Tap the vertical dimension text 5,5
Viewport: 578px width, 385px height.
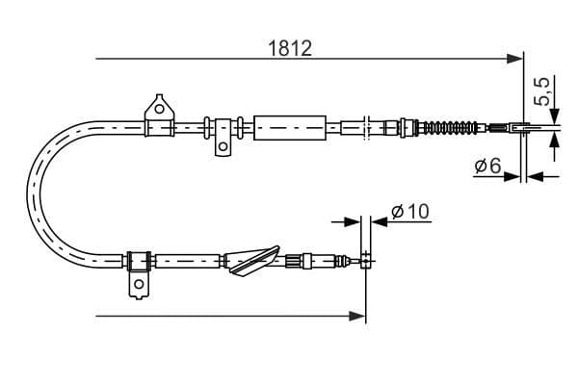click(542, 92)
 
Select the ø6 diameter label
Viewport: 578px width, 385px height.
click(486, 166)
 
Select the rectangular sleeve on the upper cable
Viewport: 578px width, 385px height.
click(287, 126)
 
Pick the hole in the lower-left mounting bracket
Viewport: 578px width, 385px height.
click(138, 284)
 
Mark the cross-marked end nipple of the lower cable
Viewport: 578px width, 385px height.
click(365, 257)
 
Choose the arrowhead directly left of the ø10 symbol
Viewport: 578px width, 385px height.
click(351, 221)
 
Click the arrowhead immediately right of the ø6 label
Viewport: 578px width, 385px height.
click(536, 176)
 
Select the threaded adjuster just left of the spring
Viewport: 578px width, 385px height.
click(407, 126)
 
